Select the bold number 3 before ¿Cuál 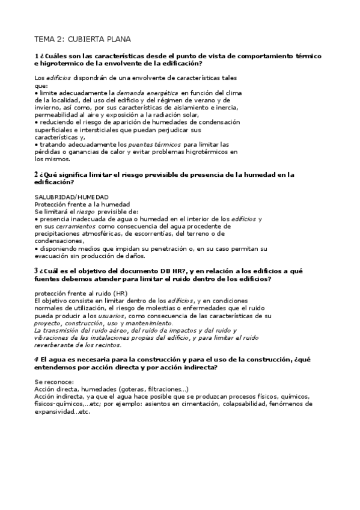pos(36,271)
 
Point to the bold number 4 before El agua pos(36,358)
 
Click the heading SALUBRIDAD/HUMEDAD pos(72,197)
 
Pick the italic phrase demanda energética pos(147,93)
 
